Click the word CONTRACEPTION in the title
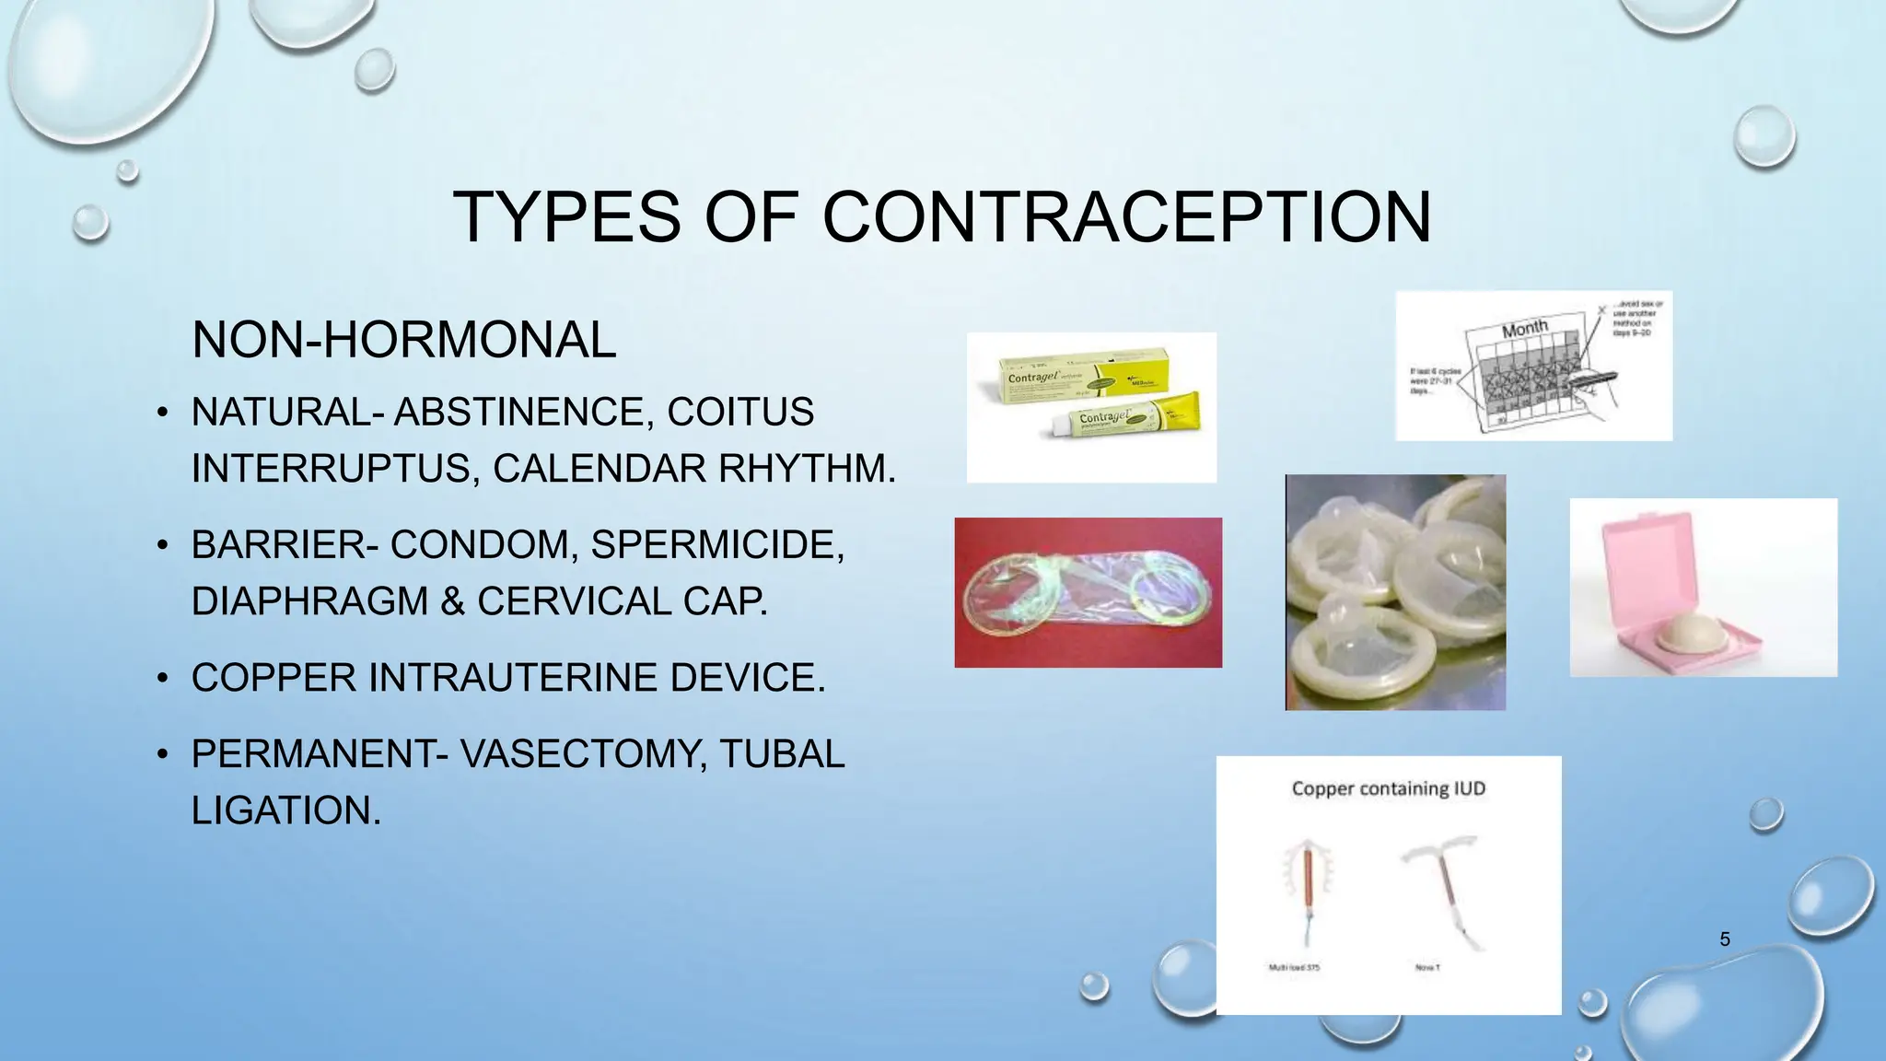coord(1125,217)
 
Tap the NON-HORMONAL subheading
coord(403,340)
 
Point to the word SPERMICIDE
coord(716,544)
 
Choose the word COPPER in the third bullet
coord(274,678)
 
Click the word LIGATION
coord(285,810)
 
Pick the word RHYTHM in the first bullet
coord(806,469)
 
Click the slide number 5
coord(1725,939)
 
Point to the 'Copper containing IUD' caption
coord(1388,788)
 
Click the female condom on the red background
coord(1088,592)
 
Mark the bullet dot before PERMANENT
coord(162,755)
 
